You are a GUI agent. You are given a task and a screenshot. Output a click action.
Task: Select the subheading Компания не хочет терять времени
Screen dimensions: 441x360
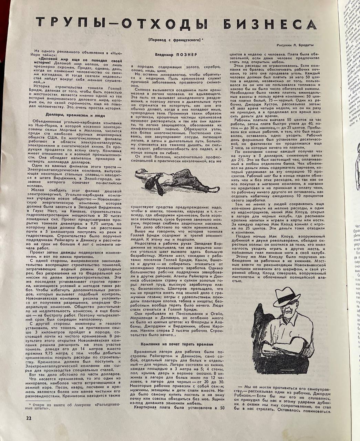177,344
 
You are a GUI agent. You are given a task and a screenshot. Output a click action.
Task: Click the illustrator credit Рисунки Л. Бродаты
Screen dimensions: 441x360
295,45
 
